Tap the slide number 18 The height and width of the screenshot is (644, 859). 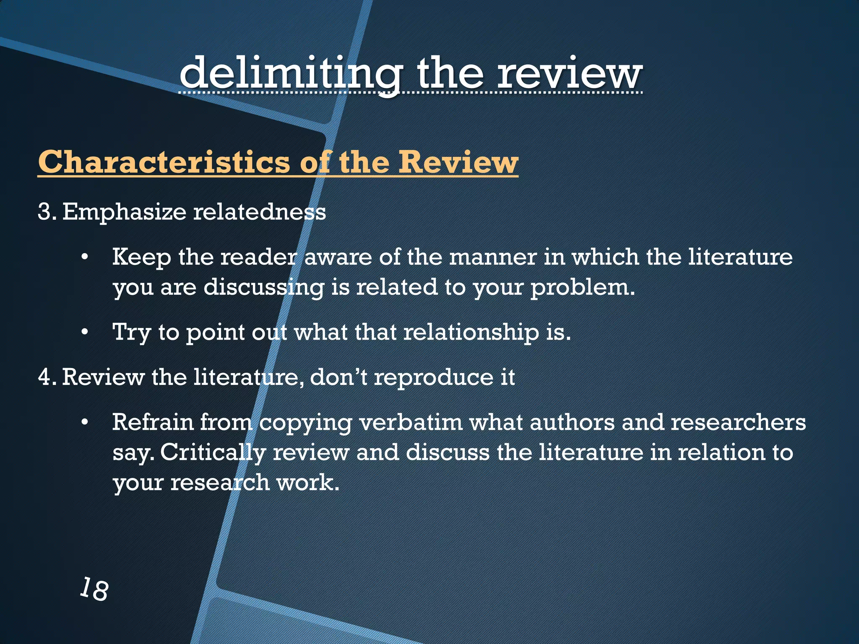pos(94,589)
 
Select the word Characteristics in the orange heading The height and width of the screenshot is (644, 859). pos(164,162)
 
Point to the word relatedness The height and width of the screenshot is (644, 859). pos(259,212)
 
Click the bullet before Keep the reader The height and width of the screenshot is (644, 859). pos(85,257)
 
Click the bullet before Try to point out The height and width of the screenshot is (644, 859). pos(85,333)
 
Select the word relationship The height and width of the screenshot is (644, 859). pos(471,332)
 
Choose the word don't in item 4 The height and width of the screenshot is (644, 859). pos(339,377)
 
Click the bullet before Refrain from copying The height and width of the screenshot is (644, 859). pos(85,423)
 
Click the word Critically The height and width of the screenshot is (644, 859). pos(213,453)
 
